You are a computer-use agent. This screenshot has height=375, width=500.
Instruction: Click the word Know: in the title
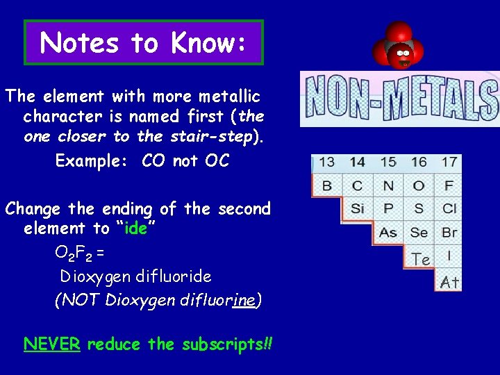pyautogui.click(x=206, y=43)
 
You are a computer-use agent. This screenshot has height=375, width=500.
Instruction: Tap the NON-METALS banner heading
pyautogui.click(x=401, y=99)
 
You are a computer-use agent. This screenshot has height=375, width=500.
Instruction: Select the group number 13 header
pyautogui.click(x=326, y=162)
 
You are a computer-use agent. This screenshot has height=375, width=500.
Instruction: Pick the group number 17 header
pyautogui.click(x=449, y=162)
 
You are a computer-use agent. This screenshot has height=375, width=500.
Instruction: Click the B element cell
pyautogui.click(x=326, y=185)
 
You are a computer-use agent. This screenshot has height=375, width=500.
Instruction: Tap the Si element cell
pyautogui.click(x=357, y=208)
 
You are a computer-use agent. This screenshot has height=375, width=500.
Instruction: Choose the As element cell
pyautogui.click(x=387, y=232)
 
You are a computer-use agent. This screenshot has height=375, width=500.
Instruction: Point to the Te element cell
pyautogui.click(x=420, y=259)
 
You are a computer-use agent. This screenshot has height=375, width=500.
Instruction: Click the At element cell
pyautogui.click(x=449, y=282)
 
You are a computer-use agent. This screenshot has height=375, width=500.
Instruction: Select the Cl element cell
pyautogui.click(x=449, y=208)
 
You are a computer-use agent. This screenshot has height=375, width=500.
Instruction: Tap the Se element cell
pyautogui.click(x=419, y=232)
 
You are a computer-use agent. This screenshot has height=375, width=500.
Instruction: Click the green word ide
pyautogui.click(x=136, y=228)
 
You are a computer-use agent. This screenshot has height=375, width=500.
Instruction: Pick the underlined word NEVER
pyautogui.click(x=52, y=344)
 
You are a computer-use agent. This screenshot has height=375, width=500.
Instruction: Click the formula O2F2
pyautogui.click(x=75, y=253)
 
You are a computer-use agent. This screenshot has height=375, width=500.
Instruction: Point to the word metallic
pyautogui.click(x=226, y=96)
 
